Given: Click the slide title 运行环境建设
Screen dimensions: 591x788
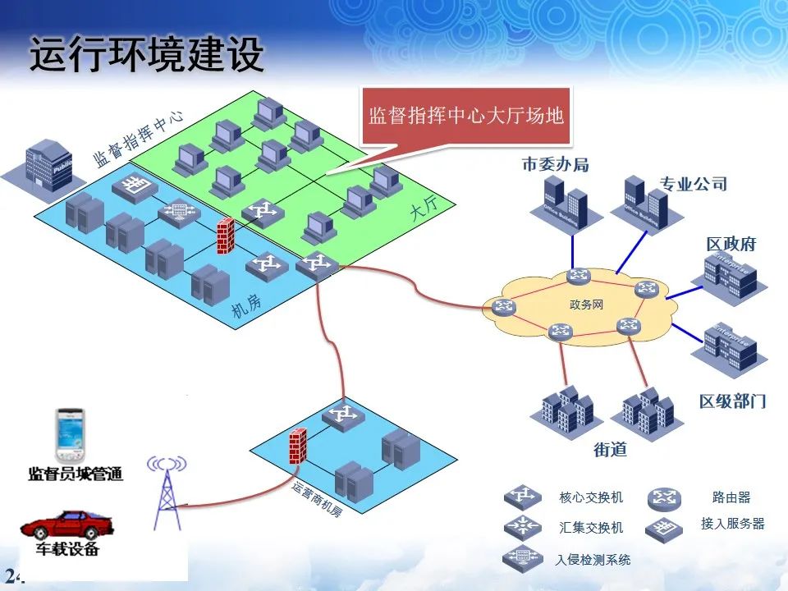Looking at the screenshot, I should pyautogui.click(x=148, y=55).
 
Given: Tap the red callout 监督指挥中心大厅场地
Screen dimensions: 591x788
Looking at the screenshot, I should pyautogui.click(x=466, y=116).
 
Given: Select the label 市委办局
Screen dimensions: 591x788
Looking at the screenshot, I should pyautogui.click(x=556, y=164).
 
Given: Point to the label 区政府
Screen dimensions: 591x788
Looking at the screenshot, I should pyautogui.click(x=731, y=244).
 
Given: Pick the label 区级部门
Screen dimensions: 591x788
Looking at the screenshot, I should pyautogui.click(x=732, y=401).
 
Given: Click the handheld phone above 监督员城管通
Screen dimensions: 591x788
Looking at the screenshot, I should pyautogui.click(x=71, y=435).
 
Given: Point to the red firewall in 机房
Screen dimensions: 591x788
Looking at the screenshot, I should pyautogui.click(x=223, y=238).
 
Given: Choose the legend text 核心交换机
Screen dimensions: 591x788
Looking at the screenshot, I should pyautogui.click(x=591, y=497).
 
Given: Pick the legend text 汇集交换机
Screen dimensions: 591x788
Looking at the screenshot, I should pyautogui.click(x=591, y=528).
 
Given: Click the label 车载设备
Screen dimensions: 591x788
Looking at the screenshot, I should pyautogui.click(x=66, y=549).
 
